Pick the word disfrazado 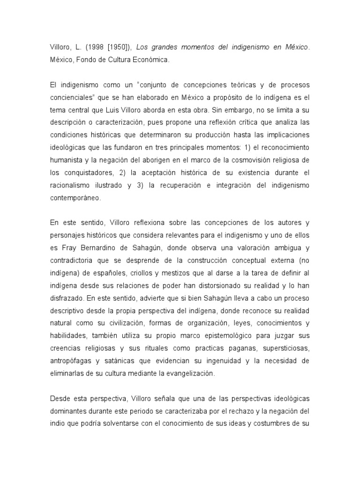coord(66,295)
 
